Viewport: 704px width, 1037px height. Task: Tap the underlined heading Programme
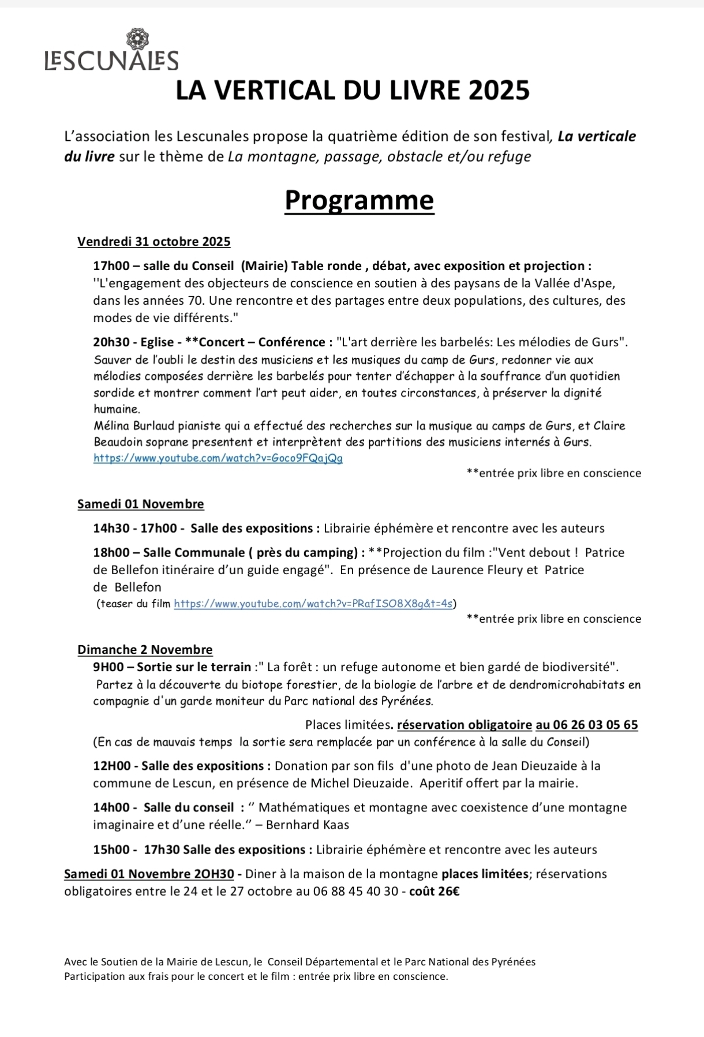point(359,200)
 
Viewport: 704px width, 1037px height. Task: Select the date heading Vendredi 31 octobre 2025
point(154,242)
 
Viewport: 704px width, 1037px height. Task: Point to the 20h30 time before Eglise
point(112,342)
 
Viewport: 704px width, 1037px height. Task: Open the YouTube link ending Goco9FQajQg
point(218,458)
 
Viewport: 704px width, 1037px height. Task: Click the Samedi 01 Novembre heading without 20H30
point(141,504)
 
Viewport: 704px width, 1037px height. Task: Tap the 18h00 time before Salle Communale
point(112,553)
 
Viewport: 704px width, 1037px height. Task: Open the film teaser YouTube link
point(313,604)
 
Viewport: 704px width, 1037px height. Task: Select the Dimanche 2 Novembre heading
point(145,650)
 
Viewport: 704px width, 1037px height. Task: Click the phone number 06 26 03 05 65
point(595,725)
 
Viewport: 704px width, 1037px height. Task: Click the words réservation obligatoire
point(465,725)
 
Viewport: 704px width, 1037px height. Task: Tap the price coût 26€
point(435,891)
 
